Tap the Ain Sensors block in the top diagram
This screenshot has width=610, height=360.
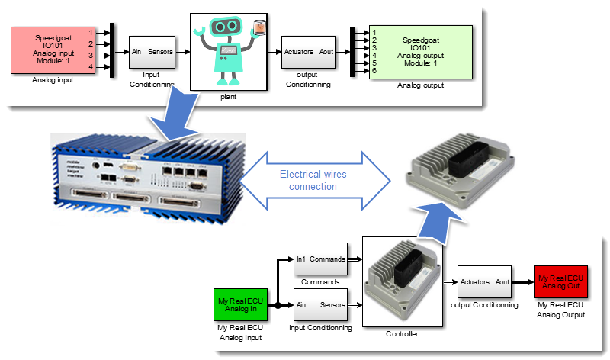(x=151, y=52)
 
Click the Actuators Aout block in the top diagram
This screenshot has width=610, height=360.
(x=307, y=52)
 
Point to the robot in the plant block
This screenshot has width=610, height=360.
(x=226, y=47)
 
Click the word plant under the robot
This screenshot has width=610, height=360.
(x=227, y=98)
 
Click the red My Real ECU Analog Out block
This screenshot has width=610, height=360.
(x=560, y=281)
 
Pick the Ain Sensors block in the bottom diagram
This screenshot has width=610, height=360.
(x=320, y=304)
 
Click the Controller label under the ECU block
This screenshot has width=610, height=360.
(x=401, y=333)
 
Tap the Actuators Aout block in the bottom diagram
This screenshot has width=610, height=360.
(x=483, y=281)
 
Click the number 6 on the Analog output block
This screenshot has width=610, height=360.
(x=374, y=71)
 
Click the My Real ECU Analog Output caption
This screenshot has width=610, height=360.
(x=560, y=310)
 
